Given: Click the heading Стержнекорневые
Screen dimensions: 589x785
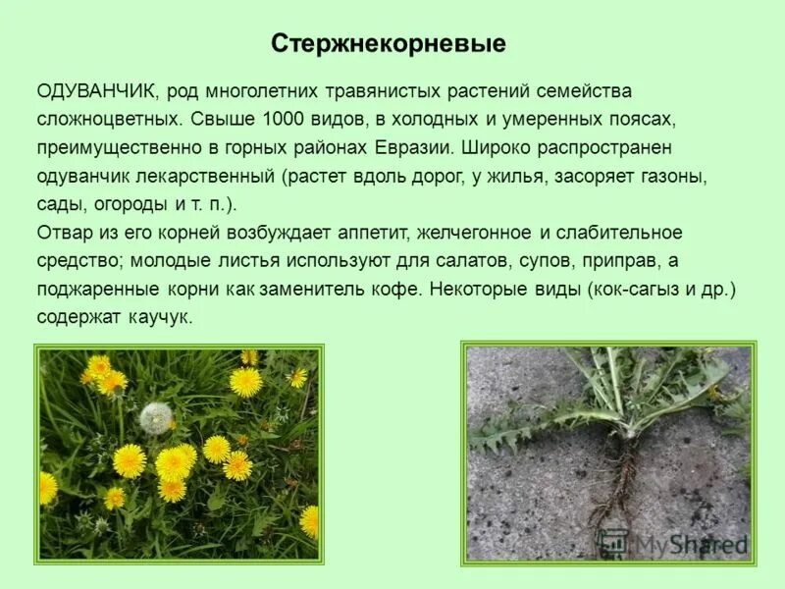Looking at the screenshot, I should coord(388,44).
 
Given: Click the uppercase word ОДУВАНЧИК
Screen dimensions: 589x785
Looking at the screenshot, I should coord(97,91).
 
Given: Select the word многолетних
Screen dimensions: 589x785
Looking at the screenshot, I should coord(259,91).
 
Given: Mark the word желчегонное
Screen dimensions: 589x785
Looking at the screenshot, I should coord(474,234).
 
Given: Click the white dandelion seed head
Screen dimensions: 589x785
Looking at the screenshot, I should coord(155,418).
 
